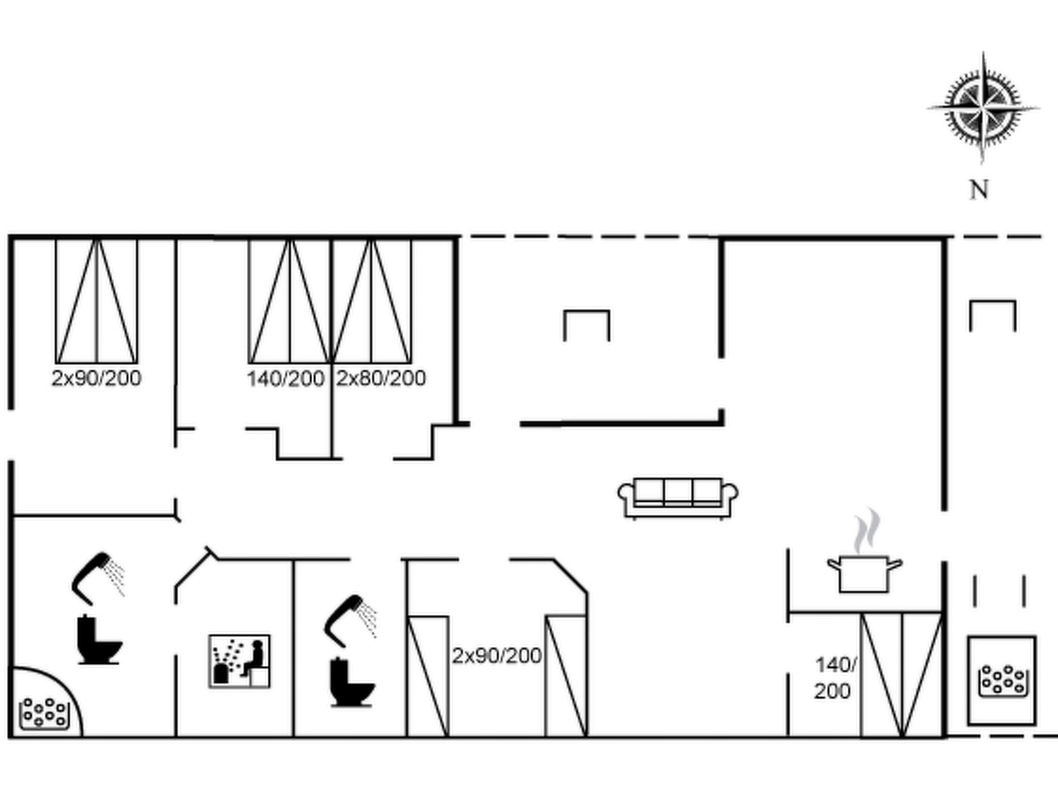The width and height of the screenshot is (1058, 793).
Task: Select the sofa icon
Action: pyautogui.click(x=678, y=497)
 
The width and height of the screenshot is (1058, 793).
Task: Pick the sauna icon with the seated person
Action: pyautogui.click(x=240, y=661)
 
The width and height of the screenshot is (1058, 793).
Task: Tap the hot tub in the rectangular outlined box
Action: pyautogui.click(x=1001, y=680)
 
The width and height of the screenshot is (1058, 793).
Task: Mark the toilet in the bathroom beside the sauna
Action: pyautogui.click(x=352, y=683)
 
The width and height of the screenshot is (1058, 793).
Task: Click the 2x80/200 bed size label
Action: pyautogui.click(x=381, y=378)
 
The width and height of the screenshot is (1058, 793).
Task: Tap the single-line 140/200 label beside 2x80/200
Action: pyautogui.click(x=285, y=378)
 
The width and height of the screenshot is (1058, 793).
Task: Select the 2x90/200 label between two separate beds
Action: pyautogui.click(x=496, y=656)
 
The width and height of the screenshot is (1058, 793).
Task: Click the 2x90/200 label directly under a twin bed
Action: pyautogui.click(x=96, y=378)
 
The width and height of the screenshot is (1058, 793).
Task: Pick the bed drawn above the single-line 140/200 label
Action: pyautogui.click(x=289, y=302)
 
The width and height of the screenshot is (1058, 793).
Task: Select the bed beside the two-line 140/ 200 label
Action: pyautogui.click(x=901, y=674)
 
